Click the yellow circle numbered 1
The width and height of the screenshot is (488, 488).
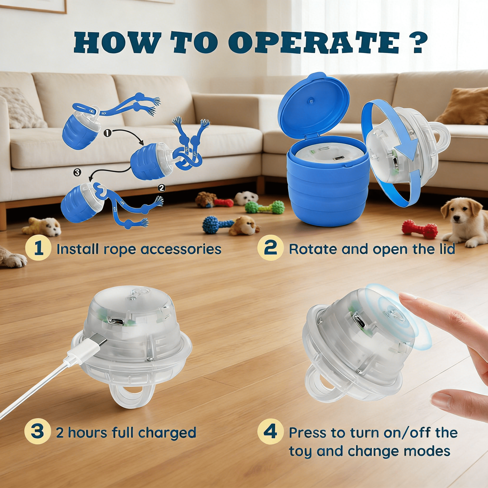[x=38, y=249]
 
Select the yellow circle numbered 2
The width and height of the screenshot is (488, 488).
[x=270, y=249]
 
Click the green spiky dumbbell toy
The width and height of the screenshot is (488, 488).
[x=265, y=208]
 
